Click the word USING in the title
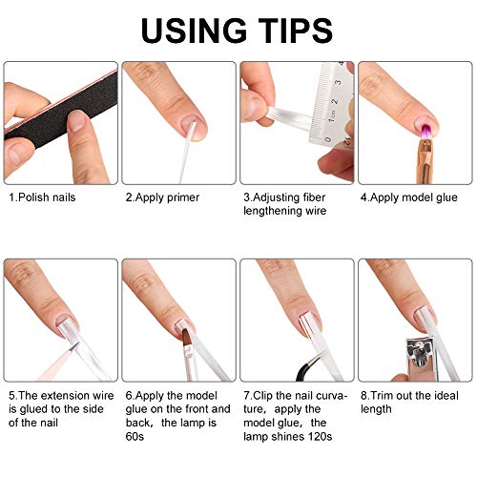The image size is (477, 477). (194, 31)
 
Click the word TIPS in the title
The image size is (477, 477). (296, 31)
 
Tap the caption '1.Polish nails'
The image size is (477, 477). (42, 197)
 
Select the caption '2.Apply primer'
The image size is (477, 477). (162, 197)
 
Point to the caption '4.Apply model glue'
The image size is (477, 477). (409, 197)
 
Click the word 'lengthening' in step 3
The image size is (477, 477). (270, 211)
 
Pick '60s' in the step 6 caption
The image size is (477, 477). (135, 436)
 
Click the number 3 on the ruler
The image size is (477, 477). (339, 82)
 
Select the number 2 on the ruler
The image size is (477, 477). (334, 101)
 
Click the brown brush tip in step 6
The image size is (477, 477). (187, 338)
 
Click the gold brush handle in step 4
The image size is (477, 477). (425, 161)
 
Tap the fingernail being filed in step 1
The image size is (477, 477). (76, 121)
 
